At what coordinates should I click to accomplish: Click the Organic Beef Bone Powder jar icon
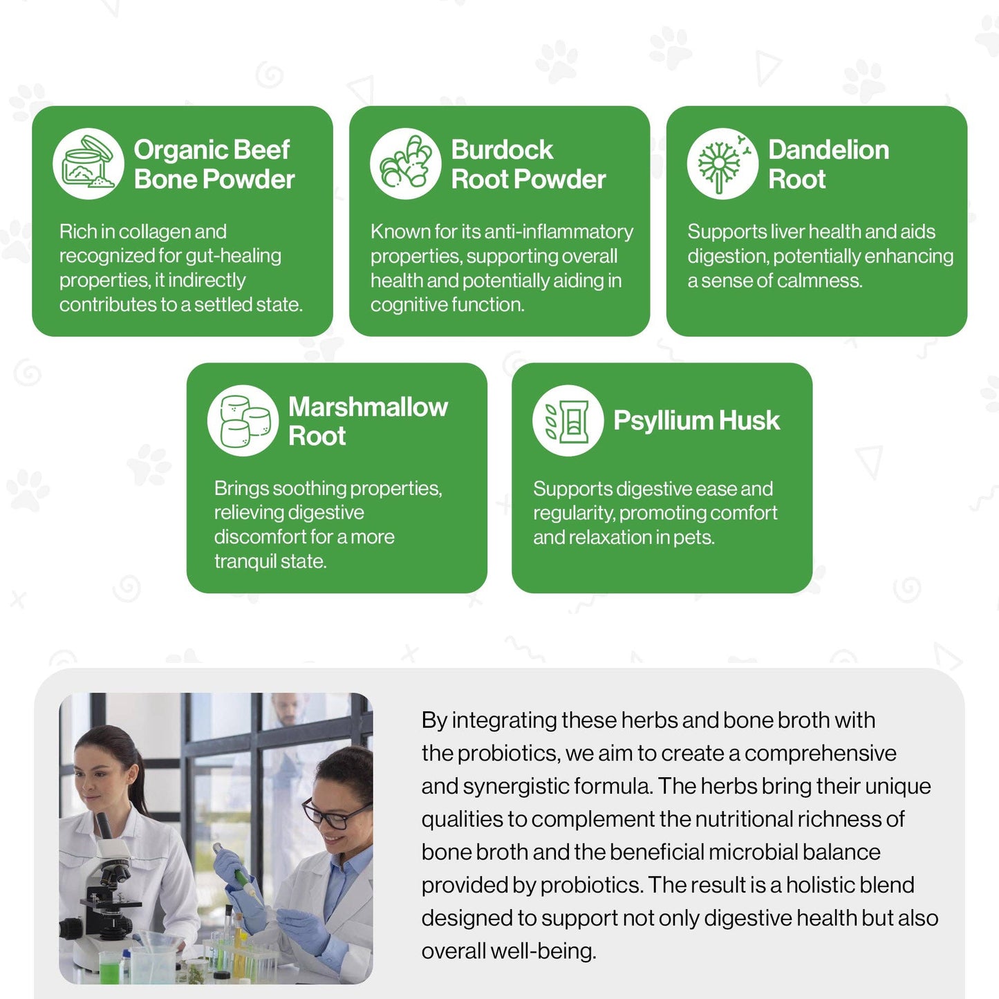(88, 164)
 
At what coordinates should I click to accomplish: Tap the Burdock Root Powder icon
(405, 164)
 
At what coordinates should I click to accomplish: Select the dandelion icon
(722, 164)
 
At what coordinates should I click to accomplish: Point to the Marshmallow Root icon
(243, 420)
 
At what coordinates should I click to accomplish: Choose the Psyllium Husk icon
(568, 420)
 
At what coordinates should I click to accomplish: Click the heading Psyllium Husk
(696, 420)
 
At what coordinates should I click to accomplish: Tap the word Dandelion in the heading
(828, 150)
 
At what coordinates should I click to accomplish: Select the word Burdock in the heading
(502, 150)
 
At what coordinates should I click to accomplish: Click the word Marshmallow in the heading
(368, 407)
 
